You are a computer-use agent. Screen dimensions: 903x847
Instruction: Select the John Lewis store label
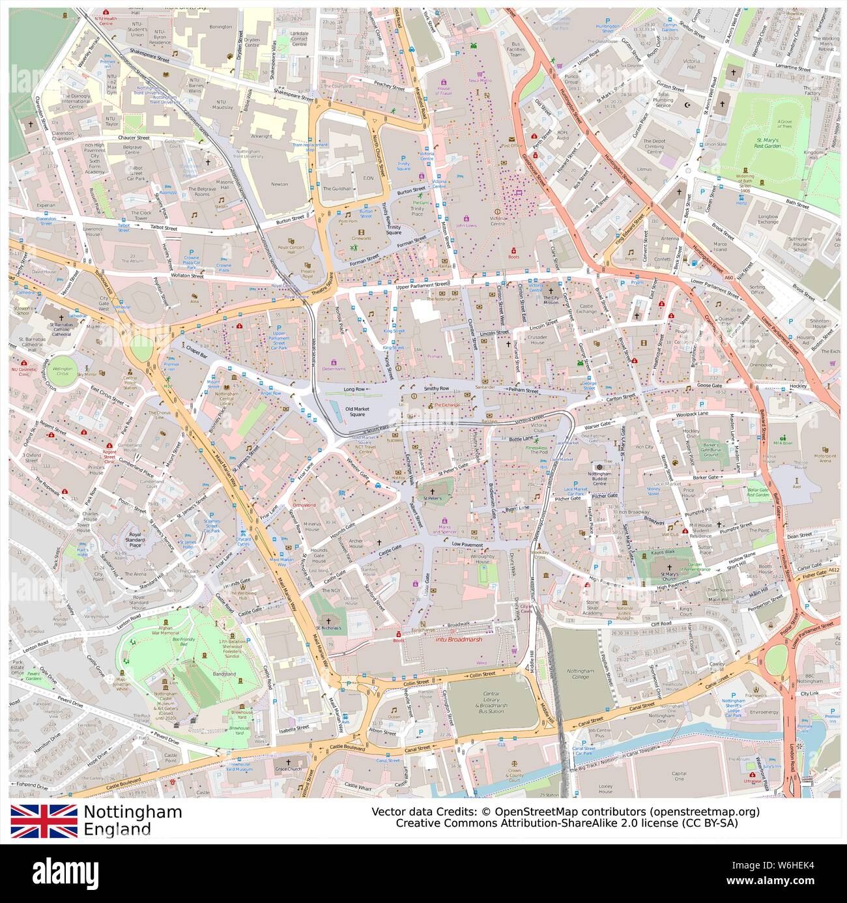click(x=466, y=225)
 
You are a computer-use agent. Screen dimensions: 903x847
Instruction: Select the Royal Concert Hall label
click(x=283, y=250)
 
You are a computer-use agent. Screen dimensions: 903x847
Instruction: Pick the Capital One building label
click(x=679, y=775)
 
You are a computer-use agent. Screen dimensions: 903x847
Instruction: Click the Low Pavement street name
click(x=467, y=544)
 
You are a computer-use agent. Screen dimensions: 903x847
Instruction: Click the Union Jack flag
click(x=44, y=821)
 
